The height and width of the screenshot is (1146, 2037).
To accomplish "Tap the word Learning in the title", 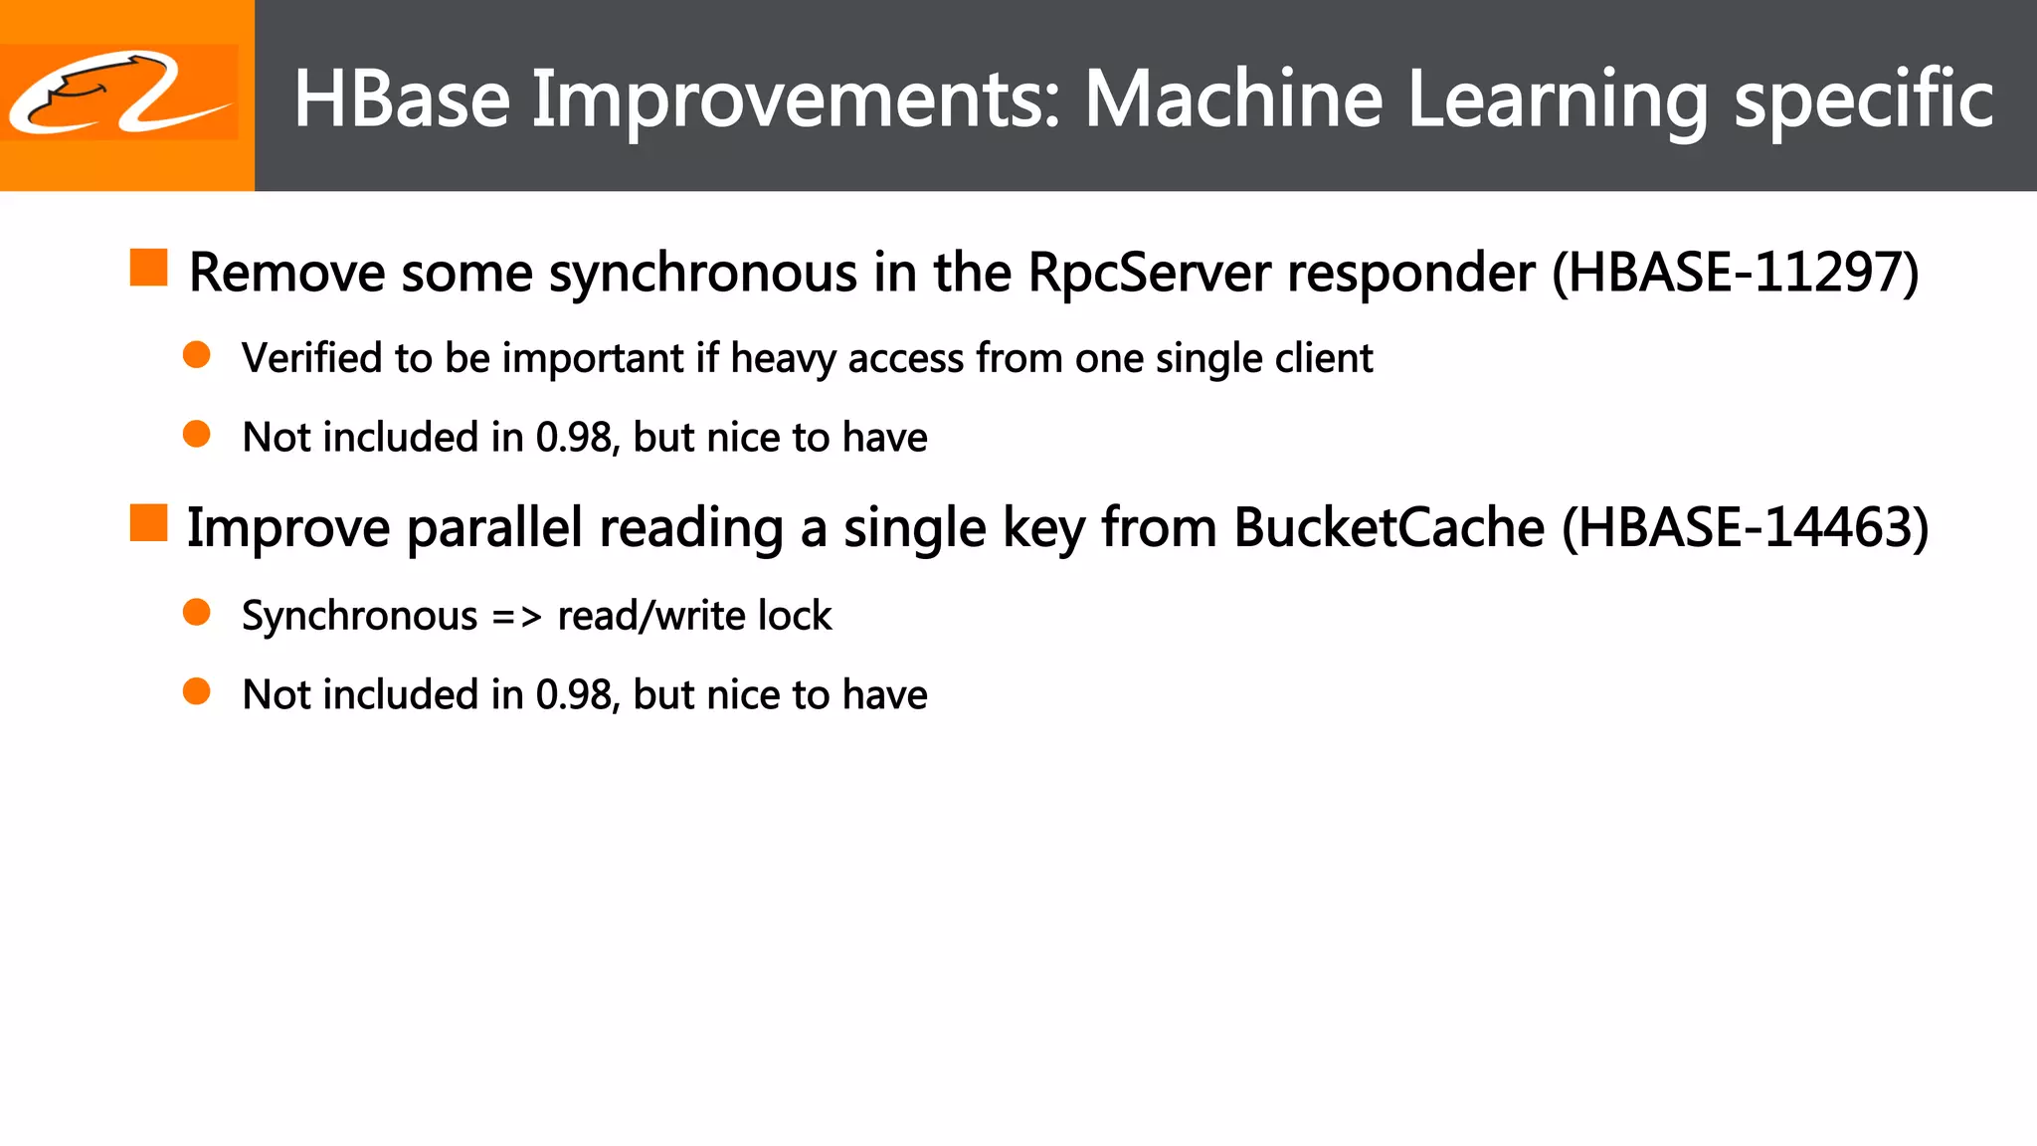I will (1558, 100).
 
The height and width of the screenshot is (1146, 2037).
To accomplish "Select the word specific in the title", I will (1863, 100).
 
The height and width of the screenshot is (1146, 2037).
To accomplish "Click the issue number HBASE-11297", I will (1736, 273).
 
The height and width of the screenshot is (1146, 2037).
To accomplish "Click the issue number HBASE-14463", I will (1745, 527).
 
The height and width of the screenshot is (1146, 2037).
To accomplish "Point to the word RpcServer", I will (1149, 273).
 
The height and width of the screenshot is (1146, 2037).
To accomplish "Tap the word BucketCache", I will (1389, 527).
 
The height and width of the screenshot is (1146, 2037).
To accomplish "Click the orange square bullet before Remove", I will (149, 268).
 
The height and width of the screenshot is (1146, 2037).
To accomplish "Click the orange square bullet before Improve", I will (149, 522).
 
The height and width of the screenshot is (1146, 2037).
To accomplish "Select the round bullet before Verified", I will (197, 355).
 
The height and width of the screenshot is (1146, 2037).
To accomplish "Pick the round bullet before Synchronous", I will (197, 612).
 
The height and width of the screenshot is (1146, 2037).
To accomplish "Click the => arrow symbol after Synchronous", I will (517, 617).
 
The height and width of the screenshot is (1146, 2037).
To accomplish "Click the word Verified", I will (311, 358).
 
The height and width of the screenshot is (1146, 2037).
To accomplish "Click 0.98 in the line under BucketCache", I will (574, 694).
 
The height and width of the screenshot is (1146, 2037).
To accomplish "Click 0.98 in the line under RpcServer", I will (574, 438).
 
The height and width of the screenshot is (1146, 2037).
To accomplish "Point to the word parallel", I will (494, 527).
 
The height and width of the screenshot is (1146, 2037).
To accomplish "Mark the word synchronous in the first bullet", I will (702, 274).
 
